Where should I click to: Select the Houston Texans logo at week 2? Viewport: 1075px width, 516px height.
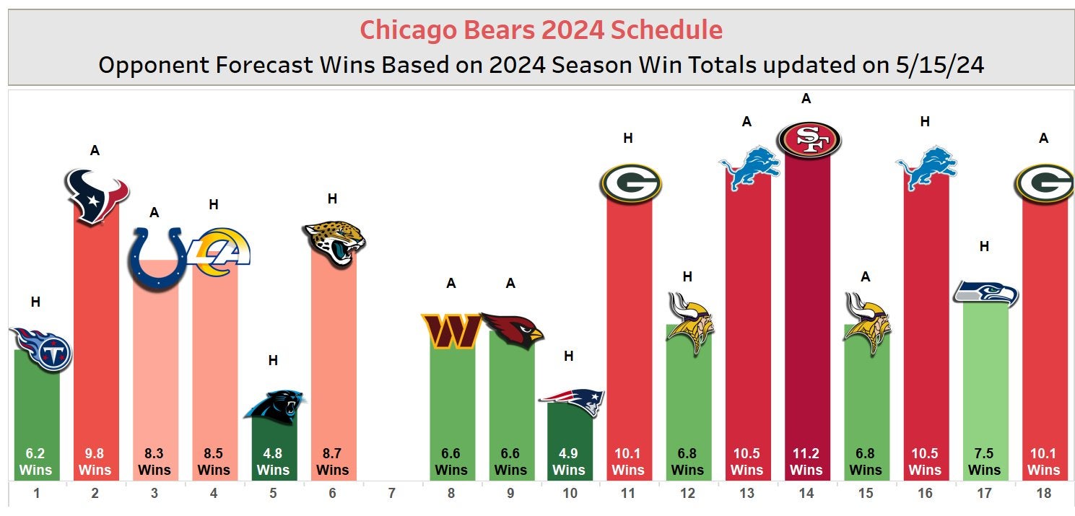click(x=96, y=196)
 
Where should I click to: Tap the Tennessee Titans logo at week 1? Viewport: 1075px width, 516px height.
click(x=40, y=349)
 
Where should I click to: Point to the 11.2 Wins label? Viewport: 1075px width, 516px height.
click(x=806, y=462)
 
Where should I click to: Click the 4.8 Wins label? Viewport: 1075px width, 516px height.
click(x=273, y=462)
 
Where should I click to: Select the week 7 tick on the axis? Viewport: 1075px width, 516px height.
click(x=391, y=494)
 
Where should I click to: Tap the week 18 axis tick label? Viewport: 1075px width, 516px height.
click(x=1043, y=494)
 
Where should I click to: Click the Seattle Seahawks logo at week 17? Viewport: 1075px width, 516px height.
click(x=985, y=293)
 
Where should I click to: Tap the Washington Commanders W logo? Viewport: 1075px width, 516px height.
click(x=451, y=331)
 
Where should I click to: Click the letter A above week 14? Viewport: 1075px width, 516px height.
click(x=806, y=99)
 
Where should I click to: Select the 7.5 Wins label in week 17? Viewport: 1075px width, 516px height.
click(x=984, y=462)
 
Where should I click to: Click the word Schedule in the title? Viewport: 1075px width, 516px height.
click(x=666, y=30)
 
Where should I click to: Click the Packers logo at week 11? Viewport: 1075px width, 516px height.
click(x=630, y=183)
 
